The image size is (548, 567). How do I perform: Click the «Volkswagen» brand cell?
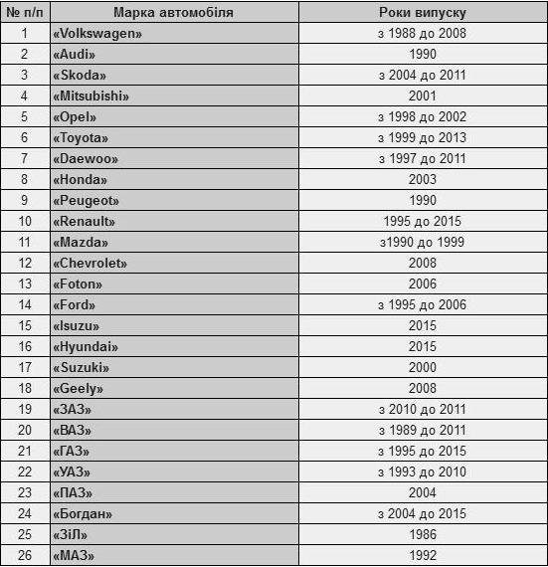coord(97,33)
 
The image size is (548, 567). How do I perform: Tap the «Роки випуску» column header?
coord(423,12)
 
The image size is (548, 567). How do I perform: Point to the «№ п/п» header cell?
coord(24,12)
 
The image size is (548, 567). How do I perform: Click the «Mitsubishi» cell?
coord(91,95)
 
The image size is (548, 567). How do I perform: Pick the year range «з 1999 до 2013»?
coord(423,137)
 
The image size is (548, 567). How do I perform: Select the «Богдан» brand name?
coord(82,513)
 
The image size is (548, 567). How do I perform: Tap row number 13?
coord(25,283)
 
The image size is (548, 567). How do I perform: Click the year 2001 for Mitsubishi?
coord(423,95)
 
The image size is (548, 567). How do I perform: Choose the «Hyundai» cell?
coord(85,346)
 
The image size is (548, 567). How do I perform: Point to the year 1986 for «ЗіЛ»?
coord(423,534)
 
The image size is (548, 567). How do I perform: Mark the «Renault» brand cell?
coord(84,221)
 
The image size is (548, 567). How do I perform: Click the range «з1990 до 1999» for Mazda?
coord(423,242)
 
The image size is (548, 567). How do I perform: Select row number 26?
coord(25,555)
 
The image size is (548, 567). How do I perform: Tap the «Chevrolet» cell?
coord(90,263)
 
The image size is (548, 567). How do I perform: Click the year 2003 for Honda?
coord(423,179)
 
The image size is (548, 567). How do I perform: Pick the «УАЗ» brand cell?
coord(73,472)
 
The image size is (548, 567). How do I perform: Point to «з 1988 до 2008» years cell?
coord(423,33)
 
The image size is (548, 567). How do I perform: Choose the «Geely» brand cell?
coord(78,388)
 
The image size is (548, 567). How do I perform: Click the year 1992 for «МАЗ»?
coord(423,555)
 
